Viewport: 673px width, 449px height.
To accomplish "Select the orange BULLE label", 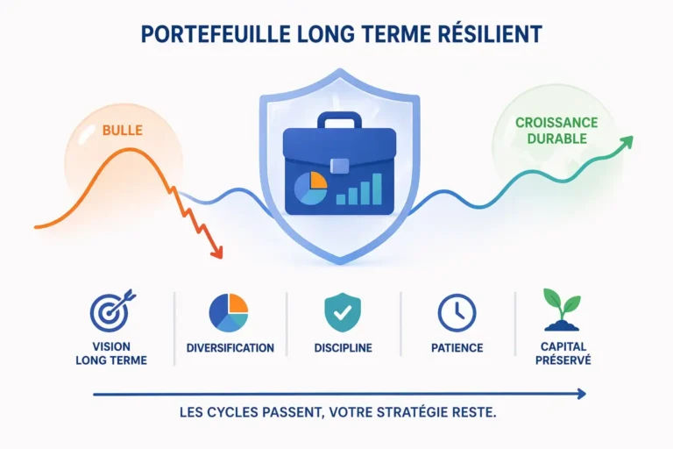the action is click(x=123, y=130).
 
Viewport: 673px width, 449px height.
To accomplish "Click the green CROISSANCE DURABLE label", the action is click(x=556, y=131).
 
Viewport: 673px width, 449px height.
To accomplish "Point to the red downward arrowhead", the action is click(x=217, y=253).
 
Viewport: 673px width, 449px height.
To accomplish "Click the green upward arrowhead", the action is click(x=627, y=142).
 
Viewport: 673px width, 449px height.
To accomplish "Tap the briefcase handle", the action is click(x=339, y=120).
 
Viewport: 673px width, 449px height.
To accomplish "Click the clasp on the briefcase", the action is click(x=339, y=166).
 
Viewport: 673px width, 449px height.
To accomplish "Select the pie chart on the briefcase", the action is click(x=310, y=188).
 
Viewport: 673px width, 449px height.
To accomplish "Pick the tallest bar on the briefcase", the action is click(x=377, y=189).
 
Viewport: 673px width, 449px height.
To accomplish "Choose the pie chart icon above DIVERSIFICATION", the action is click(x=229, y=313).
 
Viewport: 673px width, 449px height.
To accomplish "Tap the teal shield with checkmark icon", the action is click(x=343, y=313).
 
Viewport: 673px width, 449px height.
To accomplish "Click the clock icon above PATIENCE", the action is click(x=457, y=313).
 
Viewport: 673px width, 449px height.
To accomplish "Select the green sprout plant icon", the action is click(x=562, y=310).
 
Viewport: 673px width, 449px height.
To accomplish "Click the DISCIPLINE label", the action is click(x=343, y=348).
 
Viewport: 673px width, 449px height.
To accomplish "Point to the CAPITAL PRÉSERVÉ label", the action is click(x=563, y=353).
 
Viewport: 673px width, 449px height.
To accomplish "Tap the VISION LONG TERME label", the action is click(x=111, y=353).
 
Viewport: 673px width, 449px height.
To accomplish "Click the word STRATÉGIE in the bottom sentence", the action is click(x=412, y=412).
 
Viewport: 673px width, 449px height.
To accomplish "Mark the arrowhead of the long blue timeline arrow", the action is click(x=582, y=394).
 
